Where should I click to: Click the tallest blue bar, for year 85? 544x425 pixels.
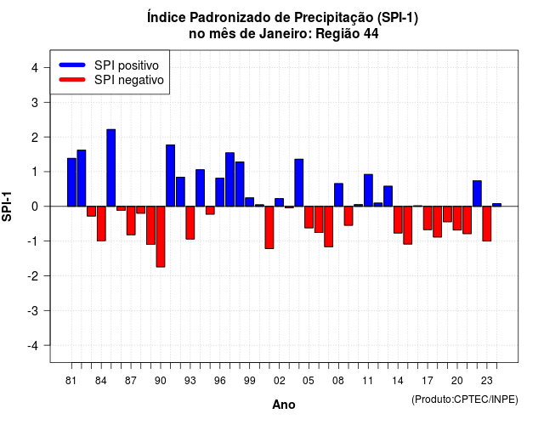(111, 168)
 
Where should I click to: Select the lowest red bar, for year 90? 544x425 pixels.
(161, 236)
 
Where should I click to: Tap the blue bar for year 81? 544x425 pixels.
(71, 182)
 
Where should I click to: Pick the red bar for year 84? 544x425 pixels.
(101, 224)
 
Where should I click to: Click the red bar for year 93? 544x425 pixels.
(190, 223)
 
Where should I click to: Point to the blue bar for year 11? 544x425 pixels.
(368, 190)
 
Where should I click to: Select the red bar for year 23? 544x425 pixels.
(487, 224)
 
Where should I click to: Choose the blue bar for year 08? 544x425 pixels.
(338, 195)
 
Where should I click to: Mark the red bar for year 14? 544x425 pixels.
(398, 219)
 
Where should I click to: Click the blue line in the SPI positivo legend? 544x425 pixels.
(72, 65)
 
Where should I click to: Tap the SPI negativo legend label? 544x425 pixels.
(128, 80)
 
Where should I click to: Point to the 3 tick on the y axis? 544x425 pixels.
(47, 102)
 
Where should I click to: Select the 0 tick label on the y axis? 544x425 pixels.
(35, 207)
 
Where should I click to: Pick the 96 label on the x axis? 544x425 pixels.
(219, 381)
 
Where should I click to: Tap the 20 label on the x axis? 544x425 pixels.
(457, 381)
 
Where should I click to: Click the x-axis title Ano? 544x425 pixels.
(284, 405)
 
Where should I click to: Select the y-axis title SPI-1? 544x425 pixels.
(7, 207)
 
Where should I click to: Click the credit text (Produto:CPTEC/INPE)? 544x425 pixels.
(465, 399)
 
